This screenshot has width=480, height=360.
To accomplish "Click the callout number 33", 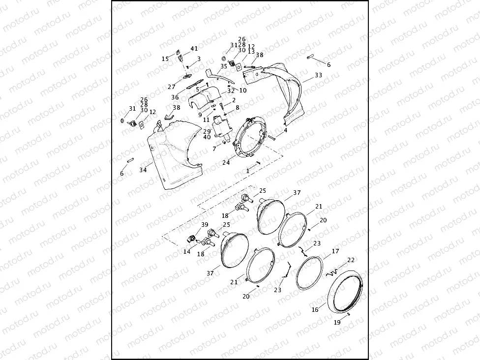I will pos(318,75).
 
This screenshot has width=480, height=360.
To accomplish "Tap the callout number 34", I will pos(143,170).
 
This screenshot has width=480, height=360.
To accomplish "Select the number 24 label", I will pos(226,163).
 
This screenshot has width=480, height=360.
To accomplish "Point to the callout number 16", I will pos(315,310).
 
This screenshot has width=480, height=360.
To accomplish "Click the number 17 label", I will pos(335,251).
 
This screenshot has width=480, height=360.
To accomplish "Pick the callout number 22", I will pos(351,260).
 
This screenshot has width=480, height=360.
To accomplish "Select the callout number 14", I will pos(187,251).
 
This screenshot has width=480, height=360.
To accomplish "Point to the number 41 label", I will pos(194,49).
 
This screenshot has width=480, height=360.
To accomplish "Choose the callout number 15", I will pos(165,59).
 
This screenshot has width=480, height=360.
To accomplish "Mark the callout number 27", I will pos(171,87).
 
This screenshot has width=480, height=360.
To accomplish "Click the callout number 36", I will pos(175,97).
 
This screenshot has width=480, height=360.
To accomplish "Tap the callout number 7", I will pos(214,148).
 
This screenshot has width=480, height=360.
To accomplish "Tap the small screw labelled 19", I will pos(348,314).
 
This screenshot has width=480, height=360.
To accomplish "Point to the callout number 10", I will pos(243,90).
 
